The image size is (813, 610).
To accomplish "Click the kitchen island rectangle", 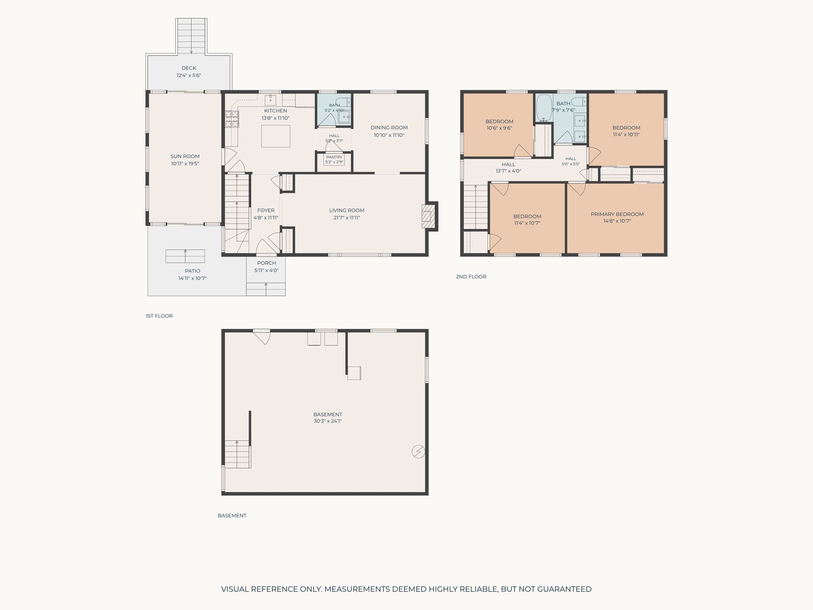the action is [275, 136].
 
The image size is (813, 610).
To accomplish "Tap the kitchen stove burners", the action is [232, 119].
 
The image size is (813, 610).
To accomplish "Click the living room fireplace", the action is [426, 216].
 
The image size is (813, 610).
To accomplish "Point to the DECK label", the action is [189, 68].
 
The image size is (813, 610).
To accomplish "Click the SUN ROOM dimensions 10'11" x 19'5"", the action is [185, 164].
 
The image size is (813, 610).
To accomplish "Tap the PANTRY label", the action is [334, 157].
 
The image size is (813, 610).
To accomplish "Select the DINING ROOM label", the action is [389, 127].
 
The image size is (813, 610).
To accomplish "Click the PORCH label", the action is [266, 263].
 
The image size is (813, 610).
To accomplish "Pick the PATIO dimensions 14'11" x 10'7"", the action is [193, 278].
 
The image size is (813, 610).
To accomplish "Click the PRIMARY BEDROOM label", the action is [617, 214].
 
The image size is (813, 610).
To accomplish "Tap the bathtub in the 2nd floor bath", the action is [544, 108].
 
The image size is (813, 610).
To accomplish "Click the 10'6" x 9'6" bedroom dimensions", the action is [499, 128].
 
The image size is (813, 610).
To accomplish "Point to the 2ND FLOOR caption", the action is [471, 276].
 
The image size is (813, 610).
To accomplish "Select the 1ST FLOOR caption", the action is [159, 316].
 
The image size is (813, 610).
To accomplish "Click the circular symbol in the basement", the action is [418, 452].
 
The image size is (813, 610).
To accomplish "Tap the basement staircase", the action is [237, 454].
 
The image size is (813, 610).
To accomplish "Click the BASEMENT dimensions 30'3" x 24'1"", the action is [328, 421].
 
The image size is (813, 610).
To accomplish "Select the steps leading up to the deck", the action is [192, 36].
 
